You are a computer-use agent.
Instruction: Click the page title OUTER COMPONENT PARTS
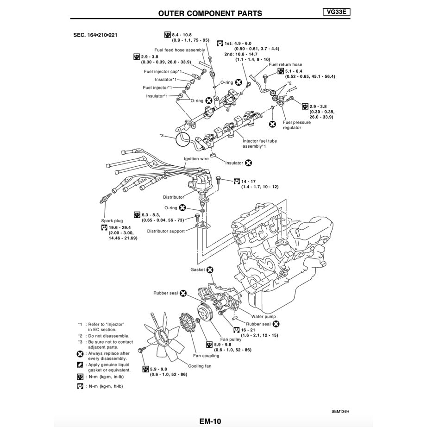tap(210, 13)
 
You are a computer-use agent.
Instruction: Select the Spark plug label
tap(112, 221)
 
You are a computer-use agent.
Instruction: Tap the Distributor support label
tap(166, 231)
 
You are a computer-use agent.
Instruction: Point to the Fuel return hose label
tap(285, 65)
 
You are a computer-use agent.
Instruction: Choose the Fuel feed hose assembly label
tap(179, 50)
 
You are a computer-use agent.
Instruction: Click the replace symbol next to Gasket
tap(210, 269)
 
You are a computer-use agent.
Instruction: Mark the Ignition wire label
tap(196, 159)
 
